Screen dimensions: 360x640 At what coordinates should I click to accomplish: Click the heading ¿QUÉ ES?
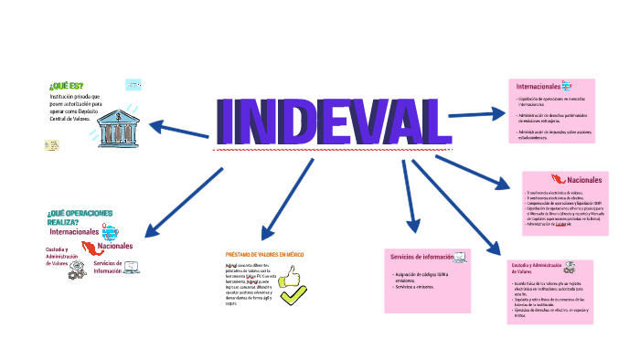(x=66, y=86)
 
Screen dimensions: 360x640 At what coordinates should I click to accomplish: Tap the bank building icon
(x=116, y=122)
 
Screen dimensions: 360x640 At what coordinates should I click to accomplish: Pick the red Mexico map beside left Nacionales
(x=90, y=248)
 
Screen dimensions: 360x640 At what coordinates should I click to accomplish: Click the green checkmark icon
(x=293, y=296)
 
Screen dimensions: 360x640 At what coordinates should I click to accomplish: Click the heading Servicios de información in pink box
(x=421, y=256)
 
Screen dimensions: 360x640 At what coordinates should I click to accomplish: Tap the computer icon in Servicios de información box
(x=460, y=257)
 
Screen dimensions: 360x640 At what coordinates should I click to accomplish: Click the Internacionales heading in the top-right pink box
(x=539, y=86)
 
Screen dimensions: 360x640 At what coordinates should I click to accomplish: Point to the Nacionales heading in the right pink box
(x=585, y=180)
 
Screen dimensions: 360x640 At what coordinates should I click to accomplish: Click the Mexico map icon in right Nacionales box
(x=558, y=180)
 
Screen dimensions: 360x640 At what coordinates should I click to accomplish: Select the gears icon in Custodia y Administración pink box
(x=571, y=268)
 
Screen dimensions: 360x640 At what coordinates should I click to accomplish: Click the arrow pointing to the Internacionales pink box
(x=475, y=114)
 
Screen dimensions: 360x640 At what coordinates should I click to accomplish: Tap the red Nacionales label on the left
(x=115, y=246)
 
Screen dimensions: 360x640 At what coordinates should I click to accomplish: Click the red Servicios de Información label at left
(x=107, y=267)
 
